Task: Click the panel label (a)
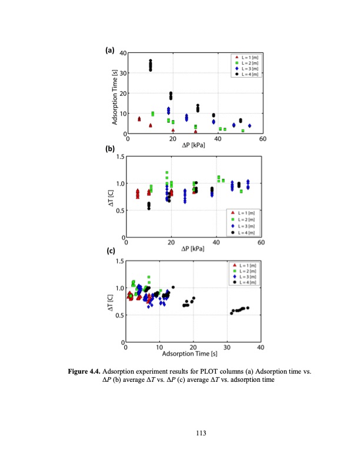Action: (x=109, y=50)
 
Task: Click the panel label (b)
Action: (x=109, y=149)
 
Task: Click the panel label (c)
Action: (x=110, y=251)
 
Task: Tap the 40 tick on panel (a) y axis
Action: (x=122, y=54)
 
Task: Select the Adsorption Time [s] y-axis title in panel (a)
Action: (x=116, y=94)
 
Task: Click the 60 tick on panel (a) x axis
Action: (x=262, y=139)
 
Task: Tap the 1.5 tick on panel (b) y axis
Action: (x=121, y=157)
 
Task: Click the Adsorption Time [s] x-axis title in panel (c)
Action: (x=194, y=353)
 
